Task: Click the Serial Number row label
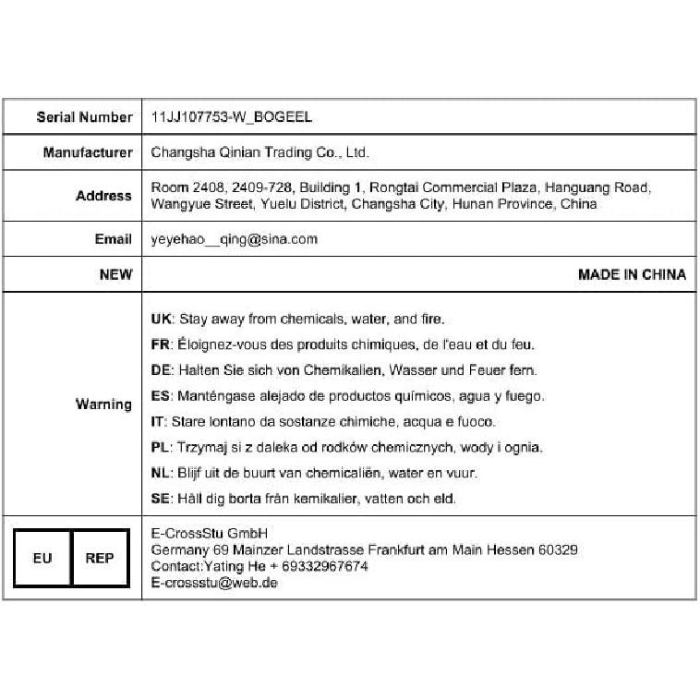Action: [84, 117]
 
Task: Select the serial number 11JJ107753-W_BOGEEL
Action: [231, 117]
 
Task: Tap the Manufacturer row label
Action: [88, 152]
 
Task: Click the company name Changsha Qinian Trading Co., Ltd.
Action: [259, 152]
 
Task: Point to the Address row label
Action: [103, 196]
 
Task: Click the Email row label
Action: [113, 239]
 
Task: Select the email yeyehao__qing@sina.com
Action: [234, 239]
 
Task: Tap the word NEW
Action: [115, 274]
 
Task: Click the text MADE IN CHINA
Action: [632, 274]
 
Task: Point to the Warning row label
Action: [103, 404]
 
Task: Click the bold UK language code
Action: [161, 320]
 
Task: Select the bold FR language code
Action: [160, 345]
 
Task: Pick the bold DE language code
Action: [161, 370]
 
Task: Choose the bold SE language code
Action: [160, 499]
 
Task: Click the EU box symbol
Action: [42, 558]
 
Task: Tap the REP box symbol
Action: [100, 558]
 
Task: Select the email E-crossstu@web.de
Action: [214, 583]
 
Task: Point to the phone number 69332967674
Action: [324, 566]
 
